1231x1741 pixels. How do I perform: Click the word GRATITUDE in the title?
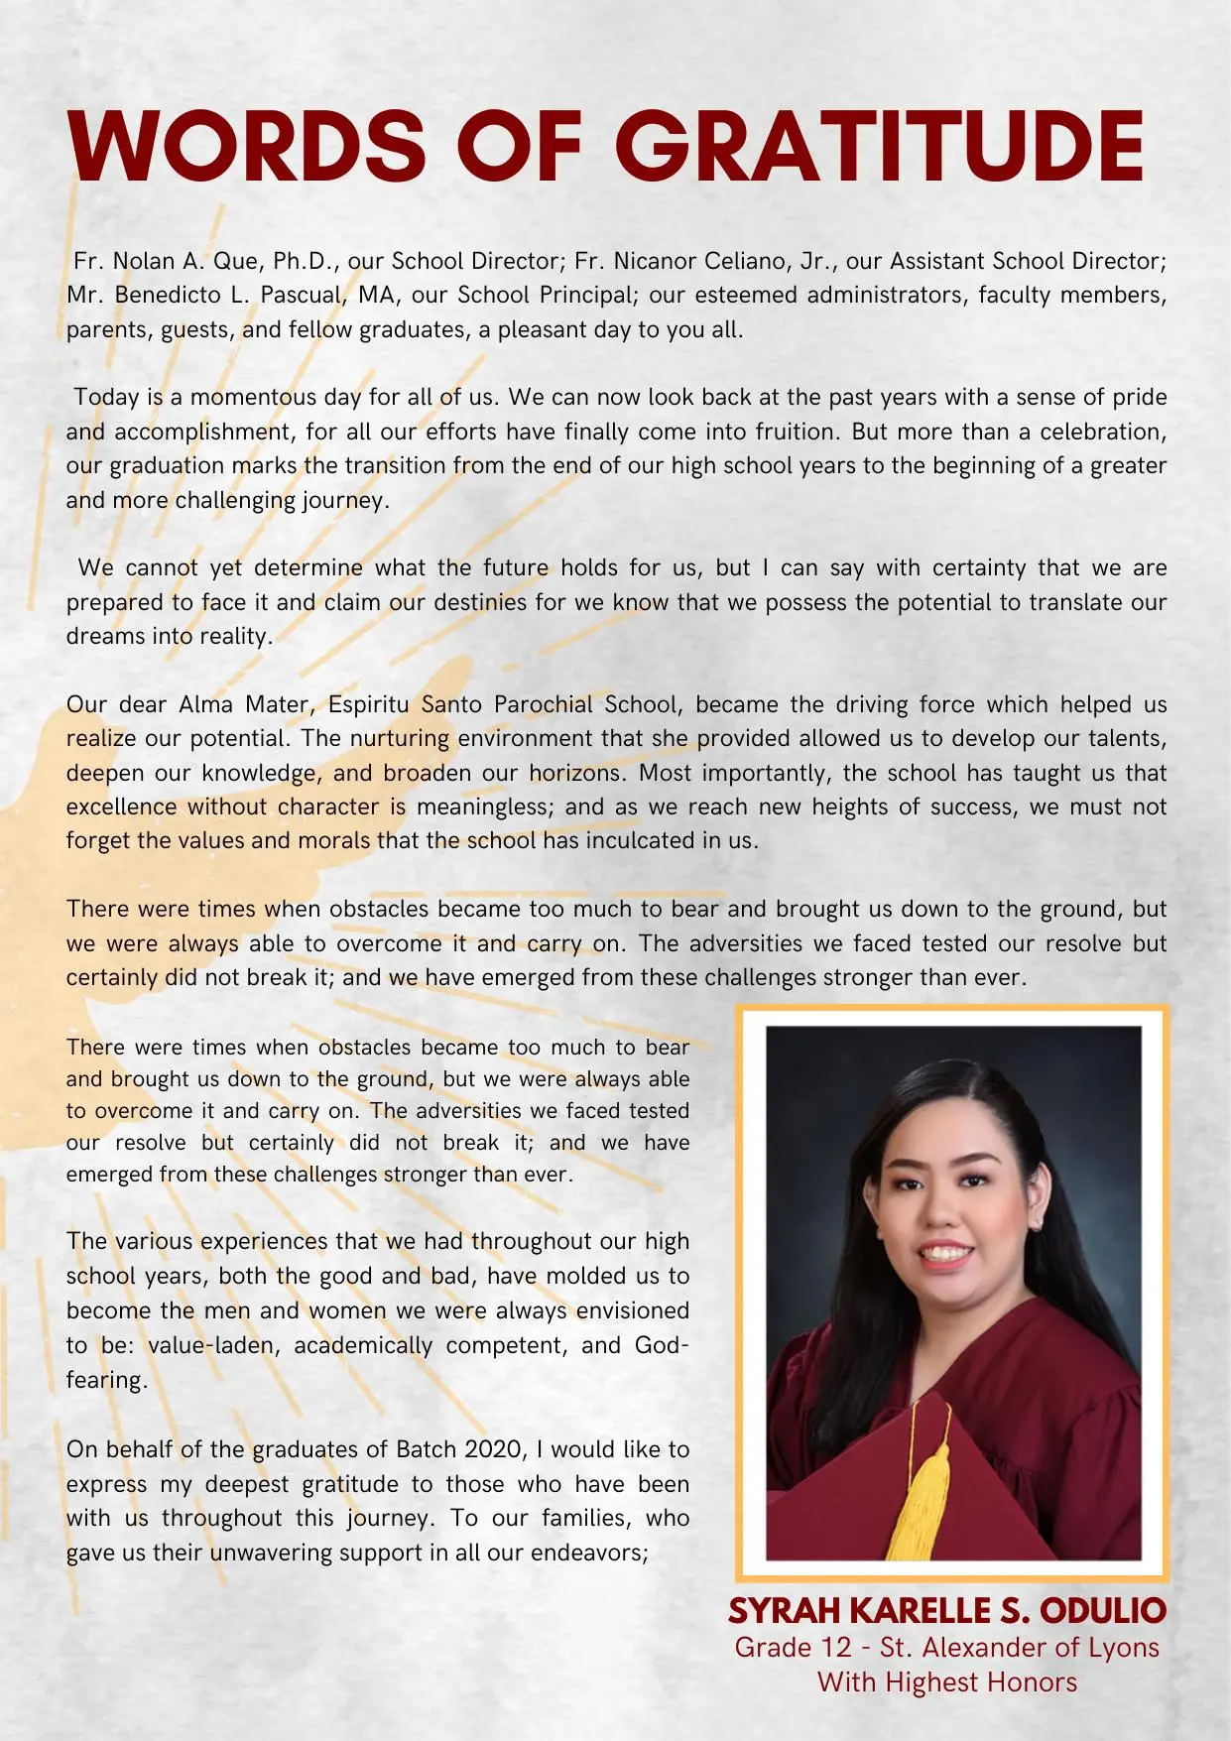pos(880,146)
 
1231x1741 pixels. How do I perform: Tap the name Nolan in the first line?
pos(144,261)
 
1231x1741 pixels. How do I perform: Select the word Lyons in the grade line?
pos(1123,1648)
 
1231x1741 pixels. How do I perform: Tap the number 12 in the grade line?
pos(835,1648)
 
